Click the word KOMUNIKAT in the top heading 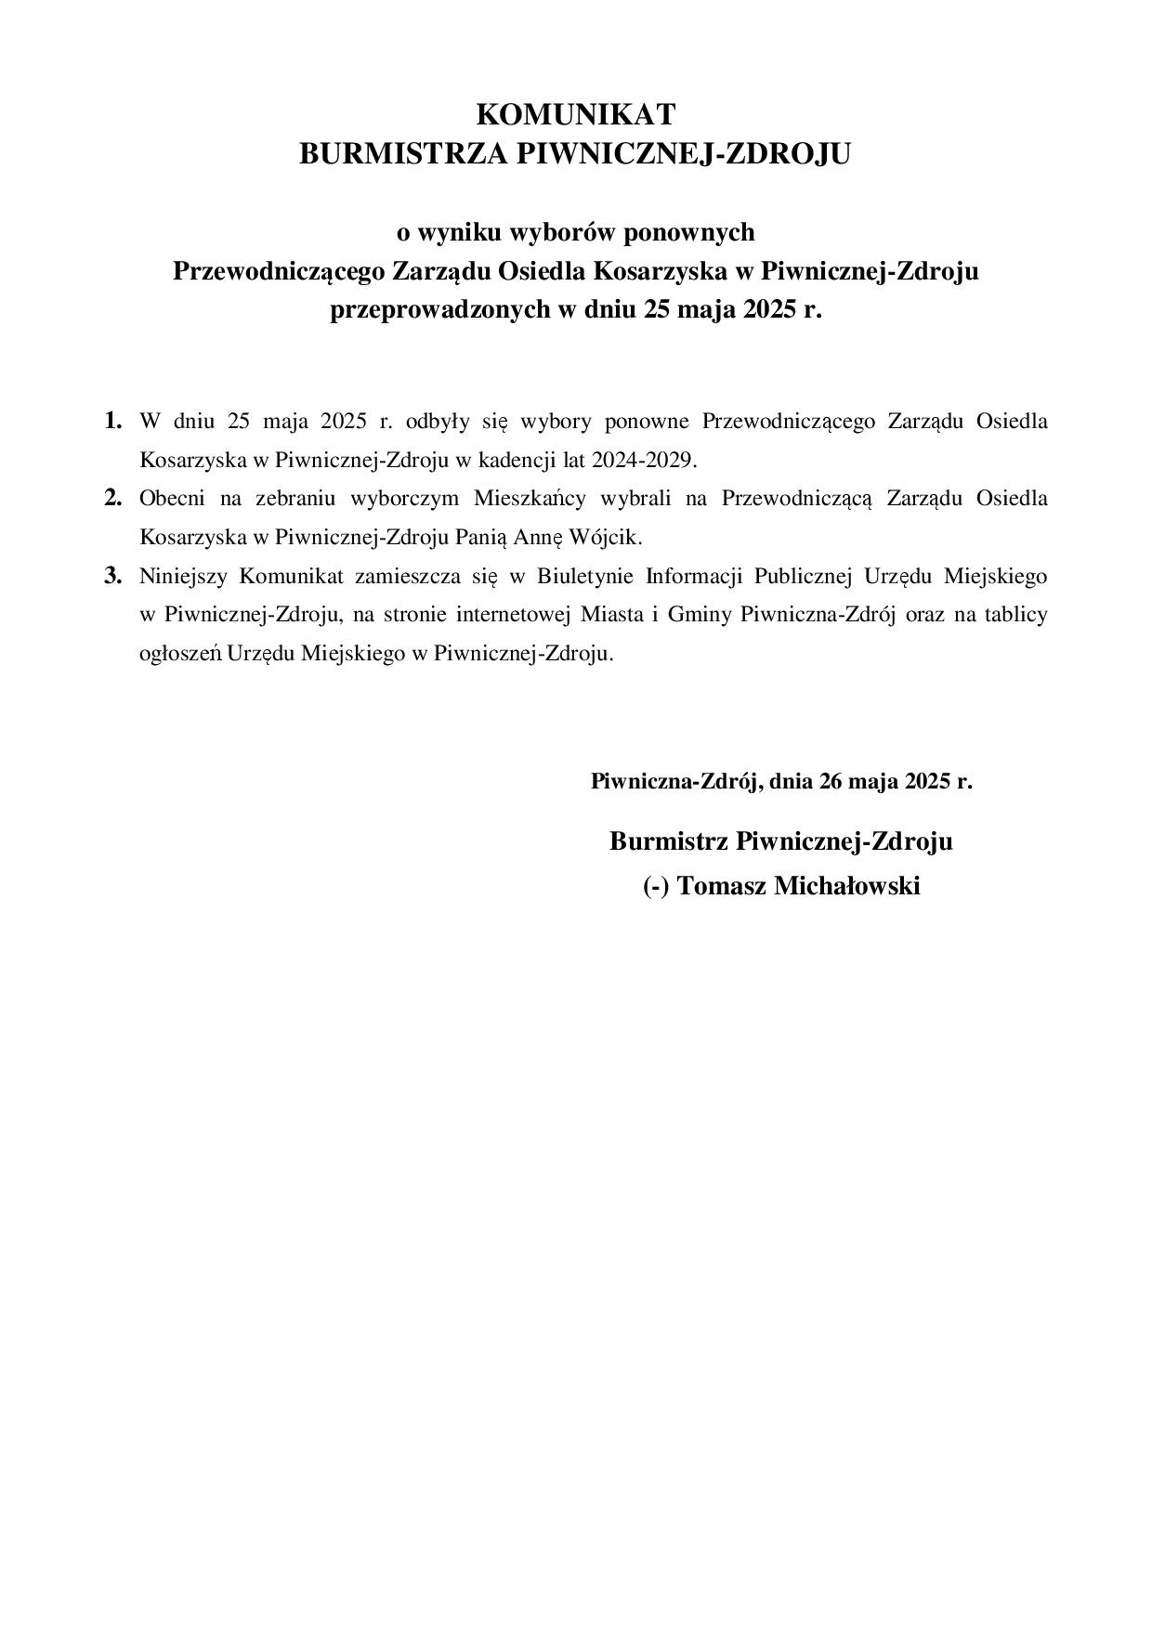point(575,114)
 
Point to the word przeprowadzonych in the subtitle point(440,309)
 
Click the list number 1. point(112,421)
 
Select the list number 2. point(112,498)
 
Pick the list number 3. point(112,576)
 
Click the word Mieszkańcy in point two point(530,498)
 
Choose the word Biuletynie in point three point(584,576)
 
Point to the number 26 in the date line point(831,781)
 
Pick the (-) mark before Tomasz point(655,886)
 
